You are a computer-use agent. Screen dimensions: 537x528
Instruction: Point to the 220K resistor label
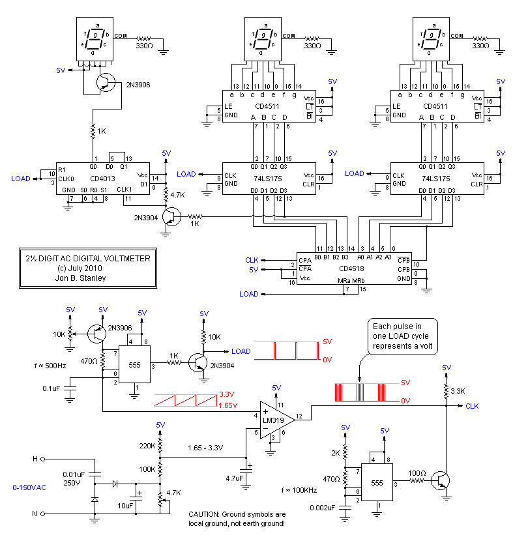pyautogui.click(x=147, y=446)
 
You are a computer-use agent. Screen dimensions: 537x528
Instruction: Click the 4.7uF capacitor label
pyautogui.click(x=234, y=478)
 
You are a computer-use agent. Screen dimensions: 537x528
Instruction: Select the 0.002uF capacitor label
pyautogui.click(x=322, y=508)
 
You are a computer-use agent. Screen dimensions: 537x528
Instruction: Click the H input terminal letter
pyautogui.click(x=35, y=459)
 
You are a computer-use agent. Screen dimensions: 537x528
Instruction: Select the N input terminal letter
pyautogui.click(x=35, y=514)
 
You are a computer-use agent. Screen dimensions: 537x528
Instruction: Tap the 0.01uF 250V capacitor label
pyautogui.click(x=72, y=479)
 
